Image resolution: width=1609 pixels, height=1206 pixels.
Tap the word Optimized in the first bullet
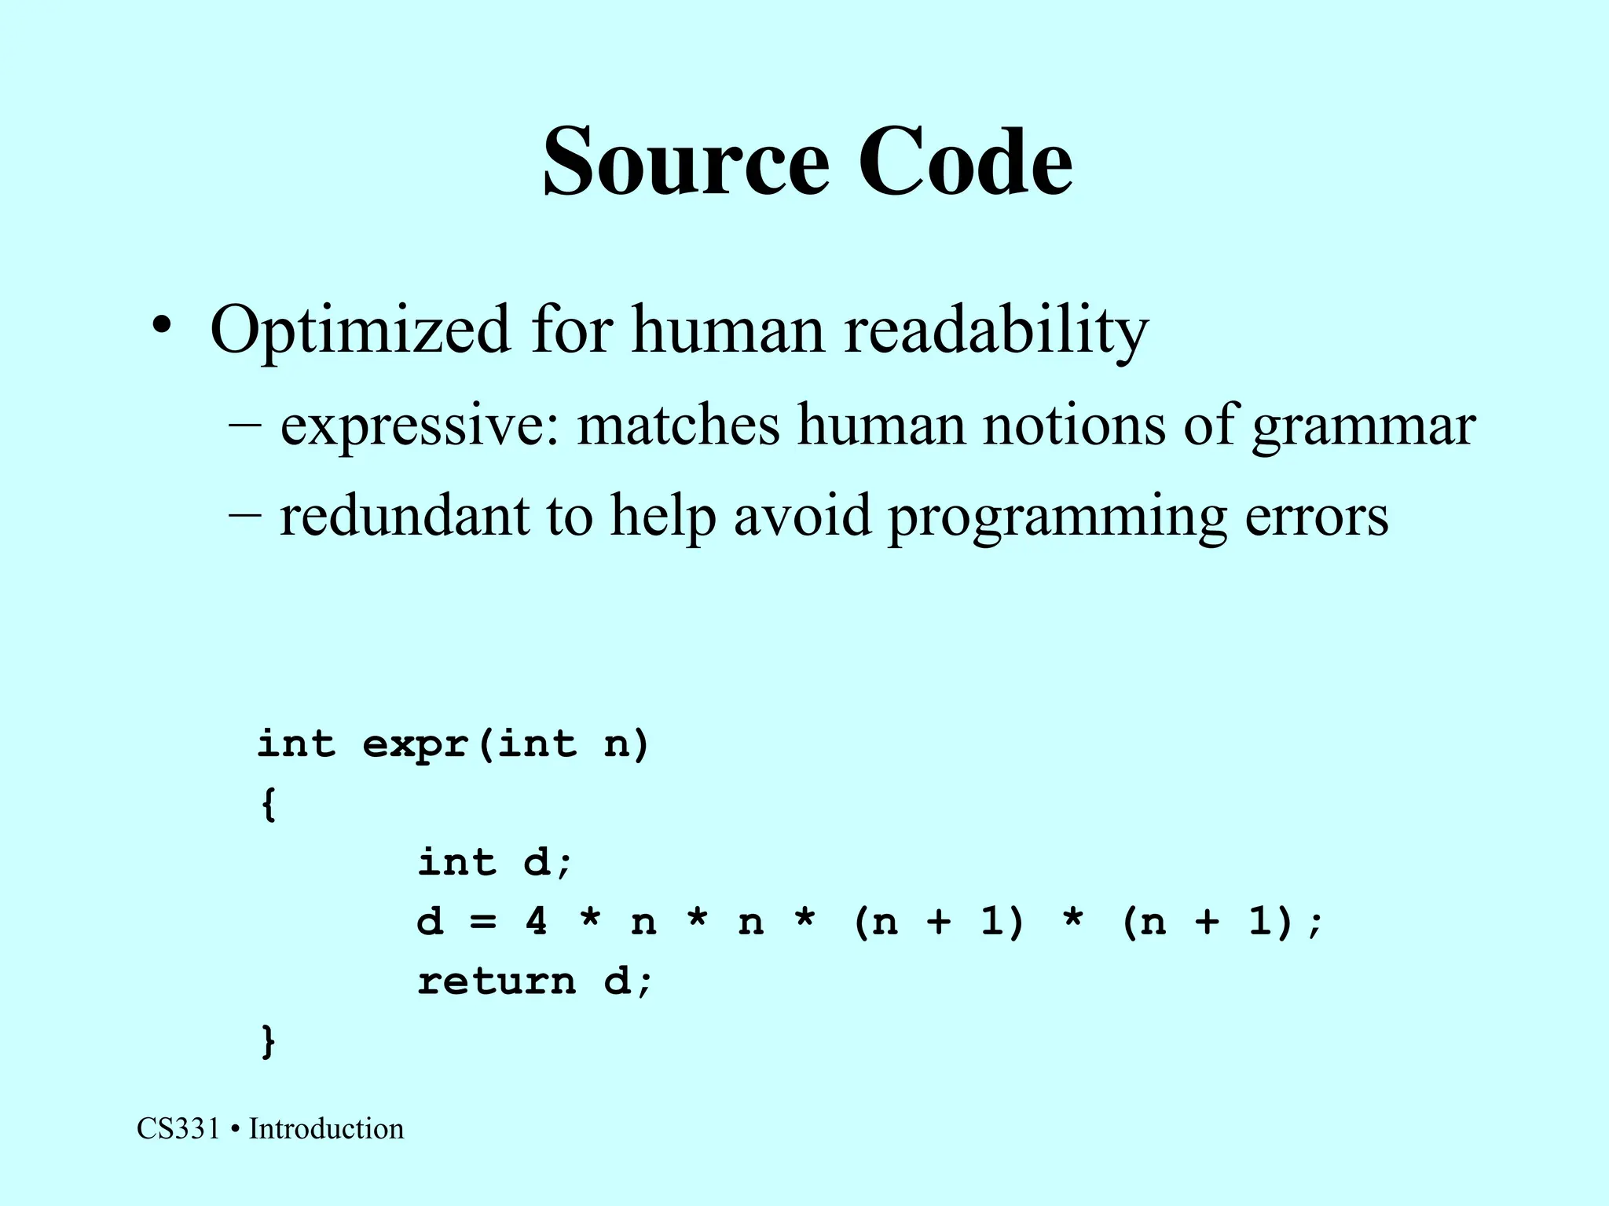(360, 330)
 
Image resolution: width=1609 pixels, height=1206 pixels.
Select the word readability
(996, 330)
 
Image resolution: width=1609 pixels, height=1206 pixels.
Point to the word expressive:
(420, 426)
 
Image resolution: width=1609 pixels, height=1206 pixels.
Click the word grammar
(1364, 426)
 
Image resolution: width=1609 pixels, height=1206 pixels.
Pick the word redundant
(404, 516)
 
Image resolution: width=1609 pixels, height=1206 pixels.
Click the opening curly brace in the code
(268, 804)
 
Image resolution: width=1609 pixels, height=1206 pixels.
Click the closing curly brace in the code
(268, 1041)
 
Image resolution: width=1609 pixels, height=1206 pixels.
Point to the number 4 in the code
(536, 920)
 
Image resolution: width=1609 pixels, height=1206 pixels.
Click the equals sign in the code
(482, 922)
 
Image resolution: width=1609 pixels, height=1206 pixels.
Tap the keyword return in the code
(497, 981)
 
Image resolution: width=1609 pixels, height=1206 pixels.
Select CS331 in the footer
(178, 1129)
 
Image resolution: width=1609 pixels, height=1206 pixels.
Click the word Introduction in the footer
(326, 1129)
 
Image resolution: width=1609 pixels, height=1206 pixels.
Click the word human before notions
(881, 426)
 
